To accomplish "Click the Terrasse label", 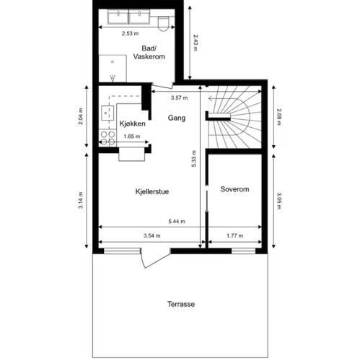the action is click(x=181, y=304).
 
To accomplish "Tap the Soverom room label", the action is click(x=234, y=189).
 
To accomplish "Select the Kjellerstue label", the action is click(x=152, y=191).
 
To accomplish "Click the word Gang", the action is click(x=177, y=118).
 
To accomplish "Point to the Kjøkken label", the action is click(x=132, y=123).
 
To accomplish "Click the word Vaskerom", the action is click(x=149, y=57).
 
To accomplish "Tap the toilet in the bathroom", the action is click(x=163, y=24).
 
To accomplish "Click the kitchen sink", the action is click(x=107, y=113).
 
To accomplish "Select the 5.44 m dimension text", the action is click(x=177, y=222).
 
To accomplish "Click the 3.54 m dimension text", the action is click(x=152, y=236).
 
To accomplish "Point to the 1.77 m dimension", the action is click(x=234, y=236).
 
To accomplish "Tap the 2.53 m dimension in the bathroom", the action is click(x=130, y=34).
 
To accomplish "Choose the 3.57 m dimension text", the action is click(x=180, y=98).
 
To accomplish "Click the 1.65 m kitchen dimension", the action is click(x=132, y=136).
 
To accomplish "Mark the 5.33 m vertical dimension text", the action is click(x=194, y=159).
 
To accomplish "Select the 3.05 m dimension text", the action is click(x=279, y=201).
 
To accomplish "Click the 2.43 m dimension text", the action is click(x=196, y=43).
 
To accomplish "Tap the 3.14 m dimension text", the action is click(x=81, y=200).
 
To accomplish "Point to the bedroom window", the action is click(x=243, y=251).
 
